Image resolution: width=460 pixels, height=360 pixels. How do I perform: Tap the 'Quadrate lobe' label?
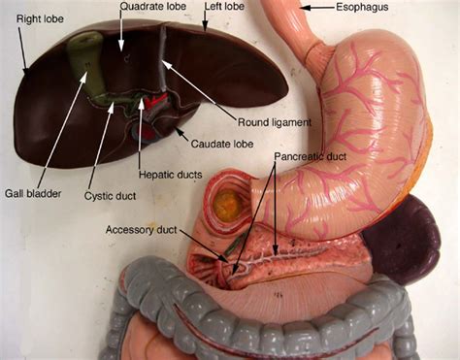[x=152, y=7]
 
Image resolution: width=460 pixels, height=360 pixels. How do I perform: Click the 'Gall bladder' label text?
[x=32, y=193]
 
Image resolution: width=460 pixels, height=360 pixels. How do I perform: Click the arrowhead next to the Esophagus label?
[x=303, y=8]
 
